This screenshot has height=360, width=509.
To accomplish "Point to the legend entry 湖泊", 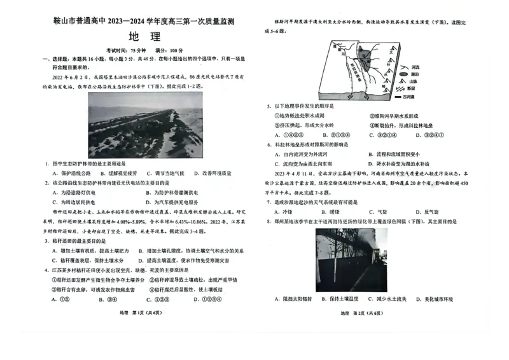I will tap(415, 74).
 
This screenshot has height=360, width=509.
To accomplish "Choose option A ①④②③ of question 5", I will tap(288, 135).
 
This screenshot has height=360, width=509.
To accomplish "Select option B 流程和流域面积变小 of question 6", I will tap(394, 154).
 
